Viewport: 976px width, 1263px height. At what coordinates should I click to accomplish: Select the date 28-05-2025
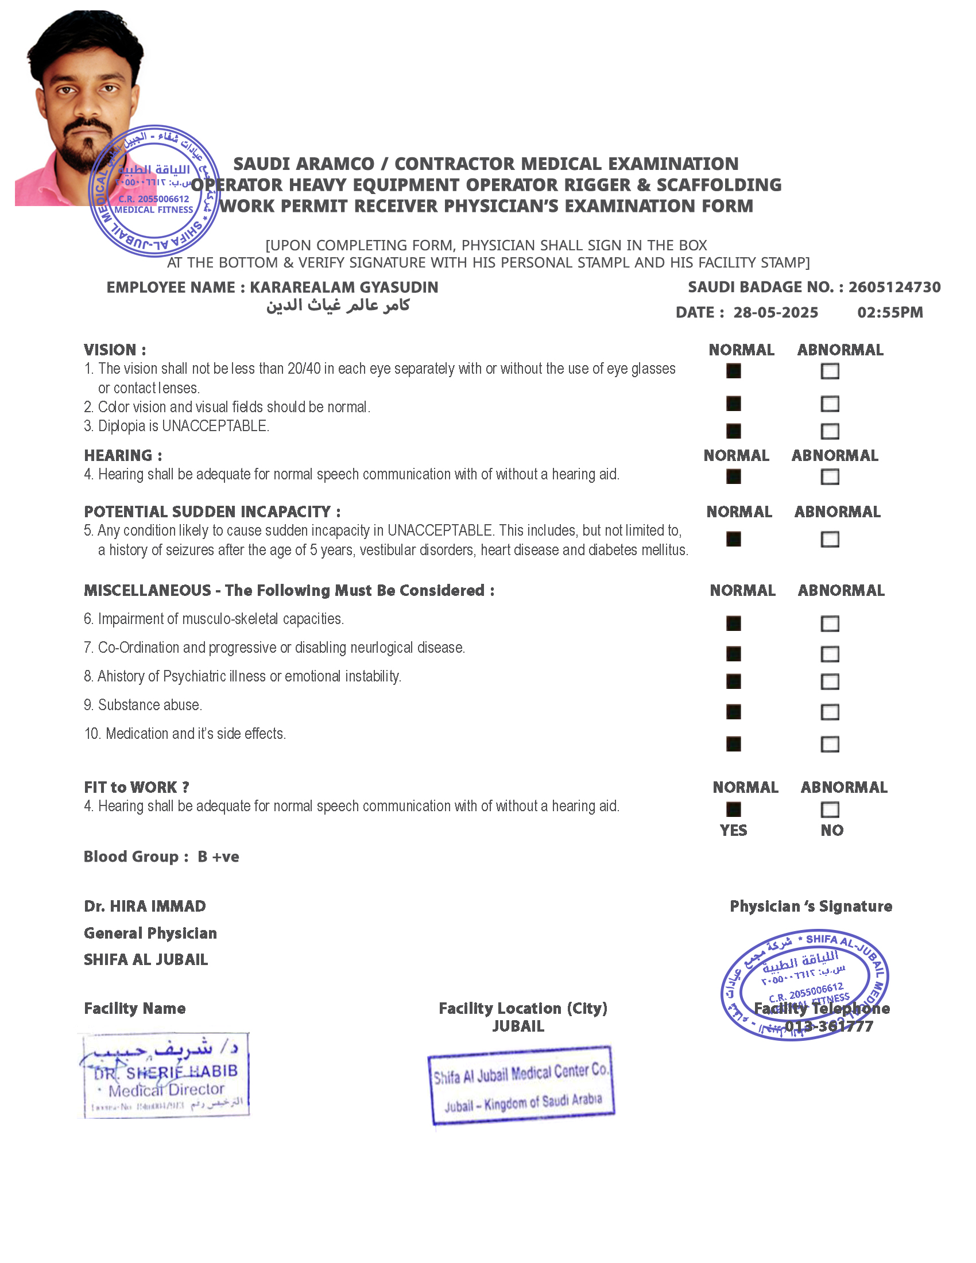pos(776,313)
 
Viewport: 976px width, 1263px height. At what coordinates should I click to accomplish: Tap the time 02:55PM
pos(890,313)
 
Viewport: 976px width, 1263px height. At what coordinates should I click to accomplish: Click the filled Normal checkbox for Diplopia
pos(733,431)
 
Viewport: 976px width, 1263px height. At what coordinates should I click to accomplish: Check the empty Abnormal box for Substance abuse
pos(830,712)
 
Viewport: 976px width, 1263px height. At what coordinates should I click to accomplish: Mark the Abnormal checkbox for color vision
pos(830,404)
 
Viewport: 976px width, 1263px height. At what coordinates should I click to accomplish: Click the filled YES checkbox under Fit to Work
pos(733,809)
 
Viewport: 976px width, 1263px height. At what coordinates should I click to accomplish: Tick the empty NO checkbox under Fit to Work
pos(830,809)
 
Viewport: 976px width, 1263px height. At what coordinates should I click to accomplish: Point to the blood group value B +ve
pos(218,857)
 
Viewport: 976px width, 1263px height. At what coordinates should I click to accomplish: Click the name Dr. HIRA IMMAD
pos(145,906)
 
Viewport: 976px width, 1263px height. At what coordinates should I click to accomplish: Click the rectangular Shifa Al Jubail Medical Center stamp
pos(520,1086)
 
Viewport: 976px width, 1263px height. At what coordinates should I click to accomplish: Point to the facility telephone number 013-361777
pos(828,1026)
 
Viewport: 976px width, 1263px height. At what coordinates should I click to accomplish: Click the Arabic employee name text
pos(338,305)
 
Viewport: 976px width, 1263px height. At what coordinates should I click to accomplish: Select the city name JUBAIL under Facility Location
pos(518,1026)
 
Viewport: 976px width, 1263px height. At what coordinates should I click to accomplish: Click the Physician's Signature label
pos(811,906)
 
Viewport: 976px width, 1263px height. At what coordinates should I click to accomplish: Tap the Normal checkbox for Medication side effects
pos(733,743)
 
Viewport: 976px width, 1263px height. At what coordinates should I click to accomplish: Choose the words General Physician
pos(150,933)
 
